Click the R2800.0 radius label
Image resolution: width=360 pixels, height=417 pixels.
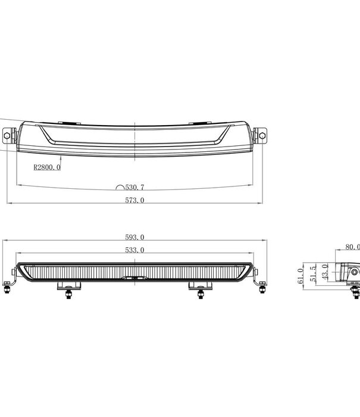[47, 168]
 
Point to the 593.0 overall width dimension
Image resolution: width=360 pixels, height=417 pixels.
[135, 237]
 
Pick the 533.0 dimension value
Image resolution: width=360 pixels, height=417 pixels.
[135, 250]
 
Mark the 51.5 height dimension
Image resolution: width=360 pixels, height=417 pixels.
[312, 275]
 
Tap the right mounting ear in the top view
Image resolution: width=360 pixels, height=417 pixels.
[261, 135]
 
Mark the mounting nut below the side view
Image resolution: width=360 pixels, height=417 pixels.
[355, 292]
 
